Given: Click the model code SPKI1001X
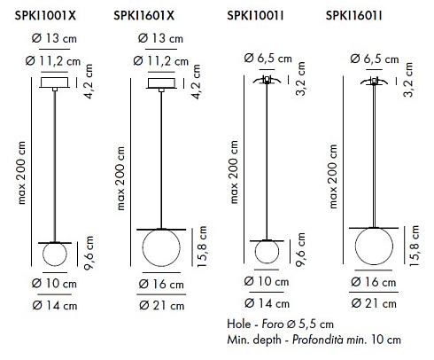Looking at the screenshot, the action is pyautogui.click(x=45, y=15).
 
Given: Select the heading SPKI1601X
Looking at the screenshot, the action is pyautogui.click(x=143, y=15).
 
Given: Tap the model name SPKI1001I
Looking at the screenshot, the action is pyautogui.click(x=255, y=15).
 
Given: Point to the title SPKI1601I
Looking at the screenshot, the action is pyautogui.click(x=353, y=15).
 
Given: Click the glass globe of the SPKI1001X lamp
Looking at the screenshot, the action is pyautogui.click(x=55, y=254).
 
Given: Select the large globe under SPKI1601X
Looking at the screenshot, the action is pyautogui.click(x=161, y=247).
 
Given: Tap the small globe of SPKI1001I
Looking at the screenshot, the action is pyautogui.click(x=267, y=252).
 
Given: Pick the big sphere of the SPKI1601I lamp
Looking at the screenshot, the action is pyautogui.click(x=374, y=246).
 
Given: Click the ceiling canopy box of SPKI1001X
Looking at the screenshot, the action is pyautogui.click(x=55, y=82).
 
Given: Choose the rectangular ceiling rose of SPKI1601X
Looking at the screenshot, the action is pyautogui.click(x=161, y=83).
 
